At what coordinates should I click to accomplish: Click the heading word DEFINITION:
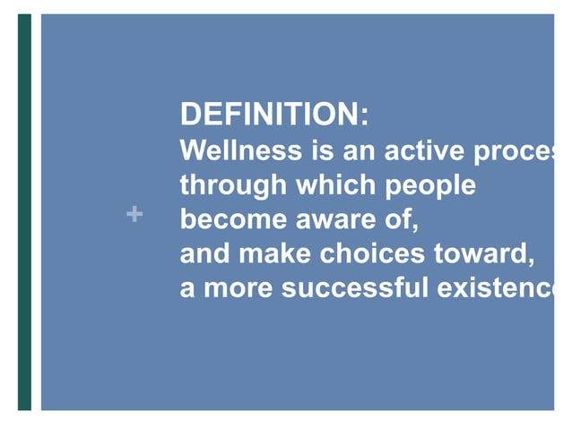coord(273,116)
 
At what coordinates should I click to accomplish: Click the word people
coord(430,186)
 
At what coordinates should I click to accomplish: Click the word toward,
coord(485,254)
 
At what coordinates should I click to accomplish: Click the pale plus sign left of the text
coord(134,214)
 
